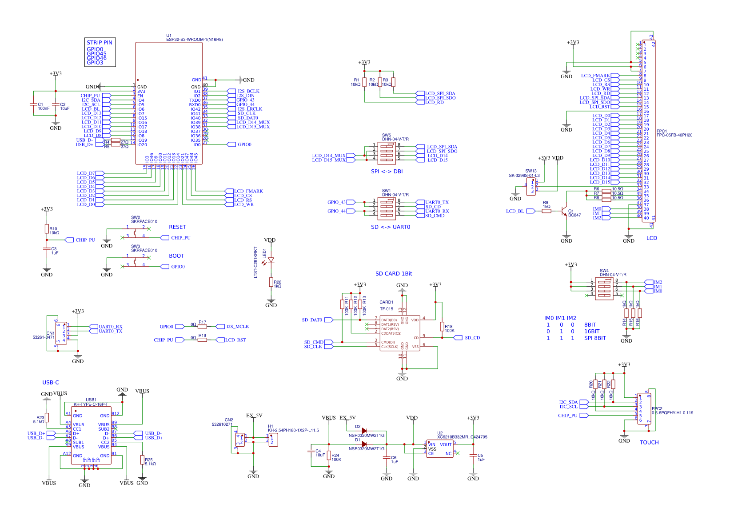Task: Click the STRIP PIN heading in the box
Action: pos(100,43)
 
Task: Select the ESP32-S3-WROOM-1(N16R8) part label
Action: pos(194,40)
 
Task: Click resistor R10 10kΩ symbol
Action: pos(47,229)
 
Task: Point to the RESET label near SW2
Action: pos(177,227)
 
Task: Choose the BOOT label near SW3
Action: pos(176,256)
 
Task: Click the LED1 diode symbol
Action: pos(271,260)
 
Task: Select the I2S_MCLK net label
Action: pos(237,327)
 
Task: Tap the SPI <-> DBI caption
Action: pos(387,172)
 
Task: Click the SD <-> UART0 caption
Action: pos(391,227)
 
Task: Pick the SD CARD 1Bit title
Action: pos(394,274)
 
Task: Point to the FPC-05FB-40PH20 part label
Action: pos(674,135)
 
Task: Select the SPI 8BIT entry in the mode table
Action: pos(595,338)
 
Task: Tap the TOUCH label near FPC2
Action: pos(649,443)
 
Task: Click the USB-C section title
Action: pos(51,383)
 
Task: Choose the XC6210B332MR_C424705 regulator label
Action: pos(462,437)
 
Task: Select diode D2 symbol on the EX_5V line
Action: pos(364,431)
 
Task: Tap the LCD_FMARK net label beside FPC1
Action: pos(595,76)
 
